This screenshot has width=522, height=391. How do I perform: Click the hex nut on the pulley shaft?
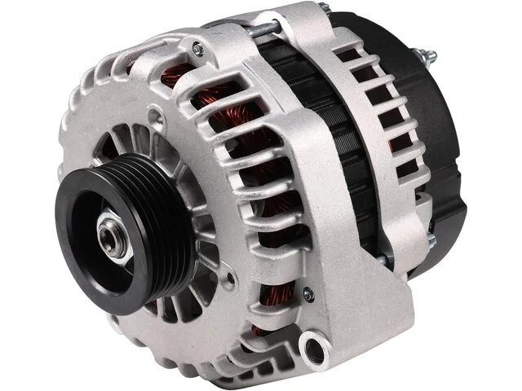tap(113, 236)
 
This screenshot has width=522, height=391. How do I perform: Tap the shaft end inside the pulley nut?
tap(113, 237)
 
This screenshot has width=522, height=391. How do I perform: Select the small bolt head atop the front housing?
tap(197, 49)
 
